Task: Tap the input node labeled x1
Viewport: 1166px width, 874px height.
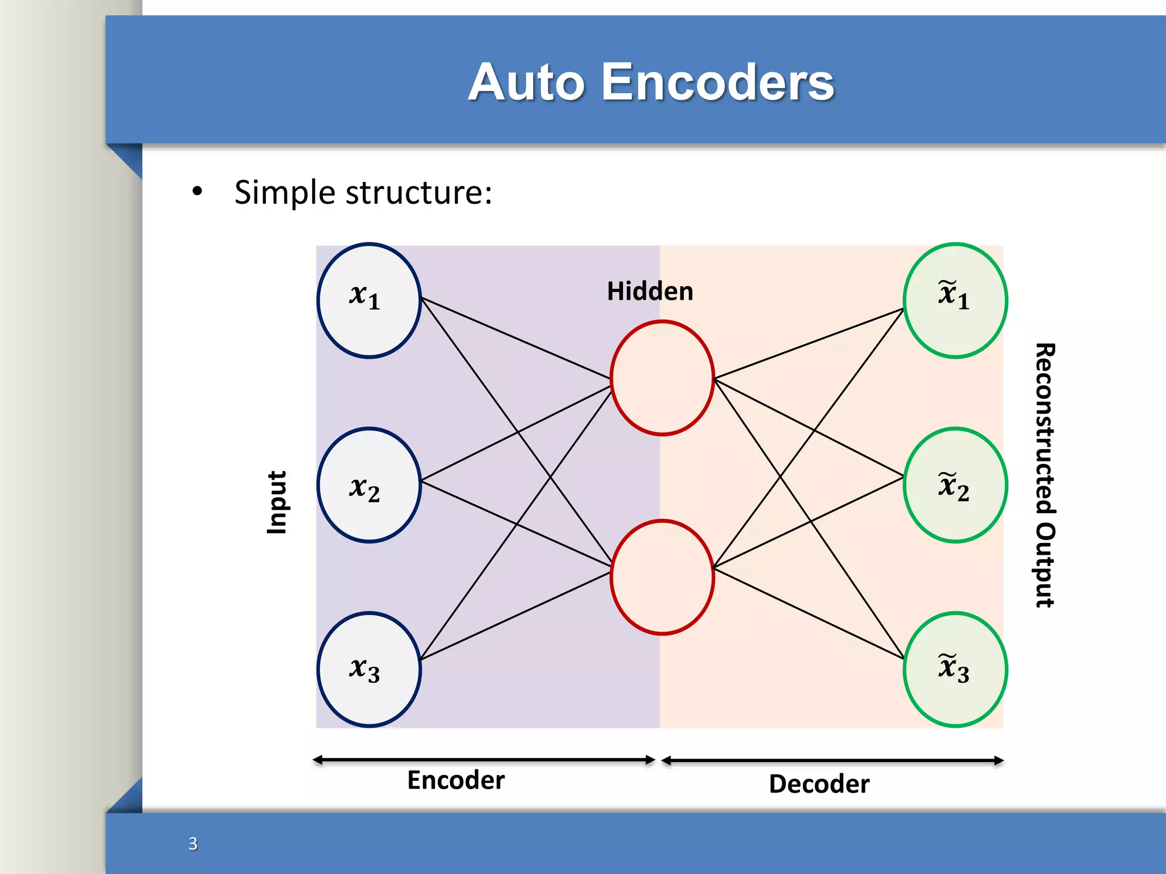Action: (x=369, y=300)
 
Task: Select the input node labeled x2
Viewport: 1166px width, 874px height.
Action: (x=369, y=485)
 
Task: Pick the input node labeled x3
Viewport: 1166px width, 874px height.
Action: (x=369, y=669)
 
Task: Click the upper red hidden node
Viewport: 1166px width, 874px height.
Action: (x=662, y=378)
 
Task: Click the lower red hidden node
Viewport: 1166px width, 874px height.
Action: (x=662, y=576)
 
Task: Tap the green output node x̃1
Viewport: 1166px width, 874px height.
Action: (x=955, y=300)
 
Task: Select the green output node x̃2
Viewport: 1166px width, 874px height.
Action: (x=955, y=485)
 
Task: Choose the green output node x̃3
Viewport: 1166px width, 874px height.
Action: (x=955, y=669)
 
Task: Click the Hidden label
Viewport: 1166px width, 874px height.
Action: (x=650, y=291)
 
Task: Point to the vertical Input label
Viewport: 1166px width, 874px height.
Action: (x=277, y=502)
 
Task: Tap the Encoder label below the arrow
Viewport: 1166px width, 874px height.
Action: (x=455, y=780)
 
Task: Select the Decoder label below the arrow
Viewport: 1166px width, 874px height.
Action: (x=819, y=784)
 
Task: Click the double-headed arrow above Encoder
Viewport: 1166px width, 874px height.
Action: (x=484, y=760)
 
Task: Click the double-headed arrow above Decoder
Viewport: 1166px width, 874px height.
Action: (x=832, y=760)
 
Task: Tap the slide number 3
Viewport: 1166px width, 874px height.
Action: (x=193, y=843)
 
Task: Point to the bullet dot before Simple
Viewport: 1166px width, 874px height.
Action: (x=197, y=191)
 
